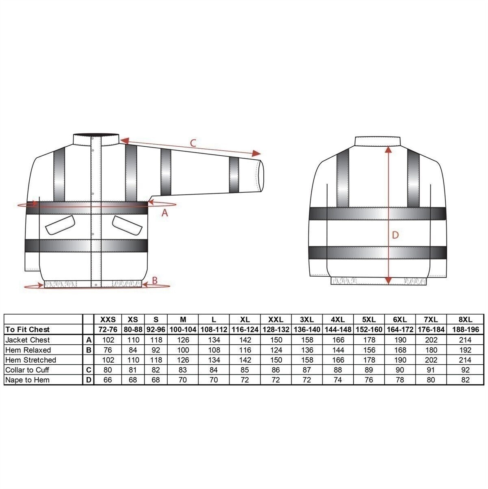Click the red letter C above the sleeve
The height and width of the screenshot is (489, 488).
pyautogui.click(x=193, y=143)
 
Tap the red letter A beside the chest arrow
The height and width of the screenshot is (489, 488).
pyautogui.click(x=165, y=212)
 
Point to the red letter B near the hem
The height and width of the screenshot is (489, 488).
pyautogui.click(x=155, y=280)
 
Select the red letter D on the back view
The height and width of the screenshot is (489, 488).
pyautogui.click(x=395, y=235)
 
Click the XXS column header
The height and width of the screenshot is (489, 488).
pyautogui.click(x=108, y=319)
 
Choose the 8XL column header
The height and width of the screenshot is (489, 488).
pyautogui.click(x=466, y=319)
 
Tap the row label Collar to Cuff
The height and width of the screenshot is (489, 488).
pyautogui.click(x=27, y=370)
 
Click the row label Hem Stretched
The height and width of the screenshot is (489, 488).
pyautogui.click(x=31, y=360)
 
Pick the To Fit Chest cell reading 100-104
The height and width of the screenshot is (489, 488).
pyautogui.click(x=183, y=329)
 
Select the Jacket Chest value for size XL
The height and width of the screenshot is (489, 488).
pyautogui.click(x=245, y=340)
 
